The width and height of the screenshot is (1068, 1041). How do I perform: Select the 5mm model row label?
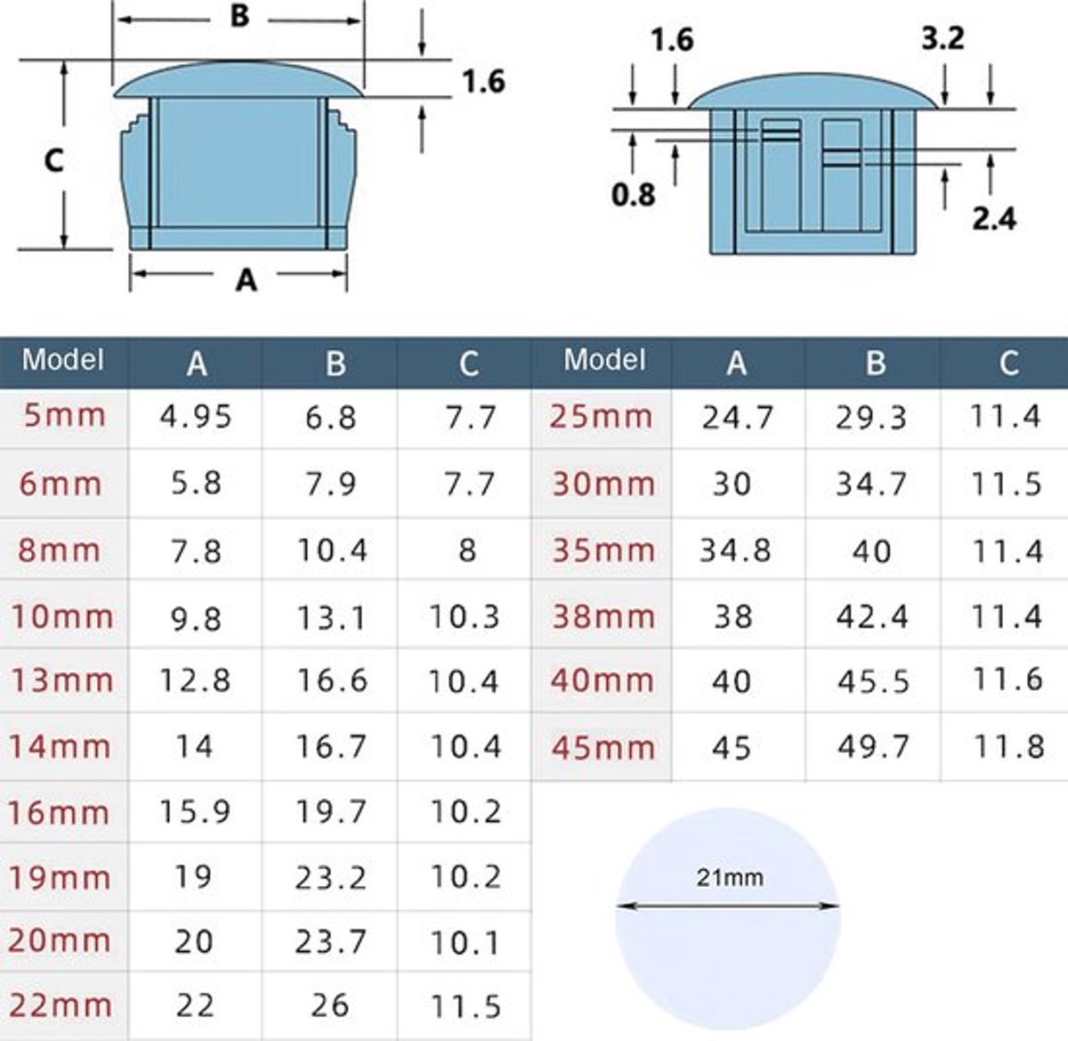pos(64,415)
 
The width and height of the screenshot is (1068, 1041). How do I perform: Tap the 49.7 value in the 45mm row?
pos(873,746)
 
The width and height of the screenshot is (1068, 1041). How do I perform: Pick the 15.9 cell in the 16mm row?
pos(195,811)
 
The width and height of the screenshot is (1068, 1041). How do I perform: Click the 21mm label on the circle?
pos(730,877)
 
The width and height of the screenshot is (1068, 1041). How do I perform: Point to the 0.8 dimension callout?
pos(634,195)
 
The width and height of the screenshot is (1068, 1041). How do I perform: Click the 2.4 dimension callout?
pos(994,218)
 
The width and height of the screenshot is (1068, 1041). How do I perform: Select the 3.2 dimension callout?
pos(943,38)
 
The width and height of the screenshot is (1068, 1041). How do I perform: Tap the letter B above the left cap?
pos(239,16)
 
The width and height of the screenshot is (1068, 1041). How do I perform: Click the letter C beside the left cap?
pos(53,161)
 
